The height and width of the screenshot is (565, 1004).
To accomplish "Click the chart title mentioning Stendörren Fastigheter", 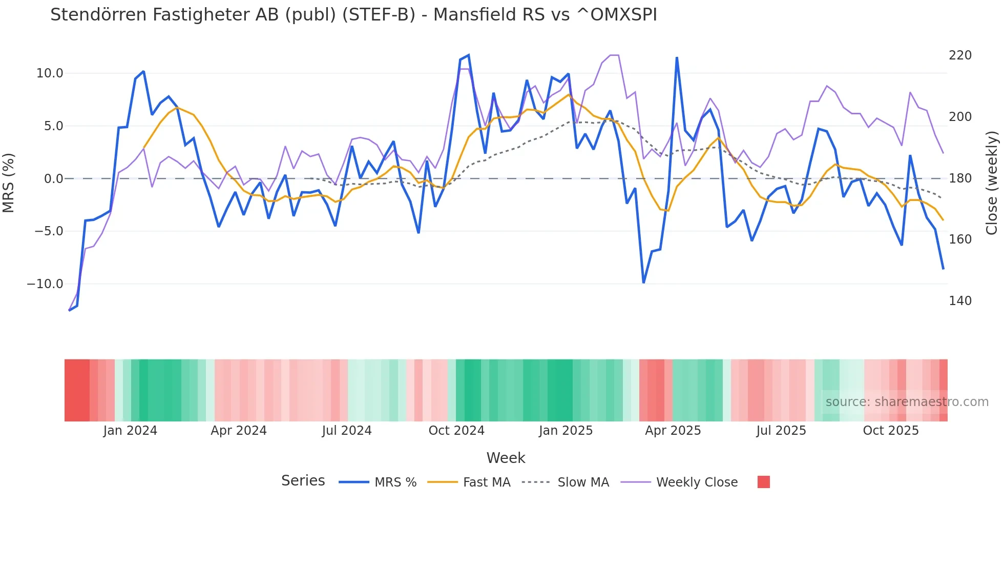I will click(x=353, y=15).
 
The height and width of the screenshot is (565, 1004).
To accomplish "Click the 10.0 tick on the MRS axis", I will click(x=50, y=73).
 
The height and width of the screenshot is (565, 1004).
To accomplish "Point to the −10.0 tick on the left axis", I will click(x=45, y=284).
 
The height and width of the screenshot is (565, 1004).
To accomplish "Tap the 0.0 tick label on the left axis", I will click(x=53, y=179).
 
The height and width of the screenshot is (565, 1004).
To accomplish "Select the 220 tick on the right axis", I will click(x=960, y=55).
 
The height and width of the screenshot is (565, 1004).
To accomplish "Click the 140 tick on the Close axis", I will click(x=960, y=301).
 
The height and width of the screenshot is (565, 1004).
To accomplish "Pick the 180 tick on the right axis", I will click(x=960, y=178).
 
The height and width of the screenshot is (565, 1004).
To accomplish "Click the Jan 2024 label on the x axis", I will click(x=130, y=431).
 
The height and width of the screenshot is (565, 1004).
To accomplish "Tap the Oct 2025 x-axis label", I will click(x=891, y=431).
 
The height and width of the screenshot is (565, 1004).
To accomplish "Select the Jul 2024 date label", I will click(x=347, y=431).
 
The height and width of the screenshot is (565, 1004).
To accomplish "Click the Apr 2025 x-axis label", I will click(x=673, y=431).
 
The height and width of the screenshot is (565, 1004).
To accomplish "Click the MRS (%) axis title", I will click(x=9, y=183).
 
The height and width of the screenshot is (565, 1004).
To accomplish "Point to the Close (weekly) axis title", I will click(x=992, y=183).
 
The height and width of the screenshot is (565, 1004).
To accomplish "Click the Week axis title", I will click(x=506, y=458).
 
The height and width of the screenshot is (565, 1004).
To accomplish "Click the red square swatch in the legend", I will click(x=763, y=482).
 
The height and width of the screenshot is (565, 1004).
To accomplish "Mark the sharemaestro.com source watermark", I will click(x=907, y=402).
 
